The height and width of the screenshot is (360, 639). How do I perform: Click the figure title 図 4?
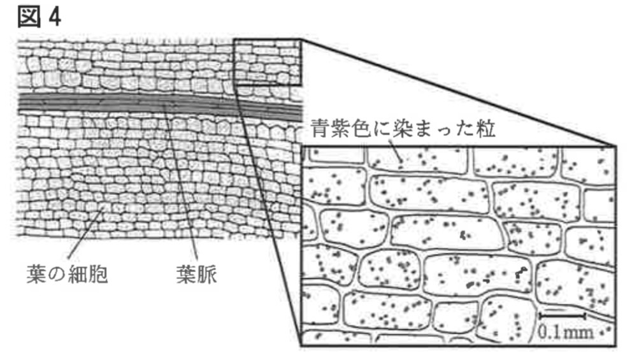(39, 17)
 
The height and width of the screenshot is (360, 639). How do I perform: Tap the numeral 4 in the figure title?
(55, 17)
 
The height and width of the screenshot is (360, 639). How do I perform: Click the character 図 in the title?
(29, 17)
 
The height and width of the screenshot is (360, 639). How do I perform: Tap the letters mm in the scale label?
(577, 331)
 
